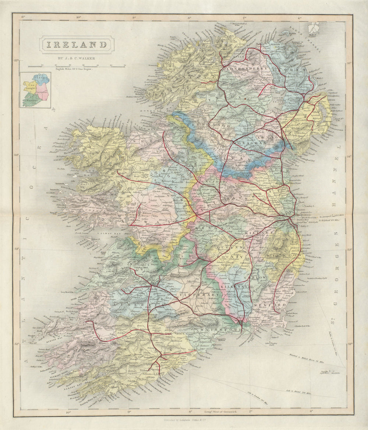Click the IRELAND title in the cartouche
77,45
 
